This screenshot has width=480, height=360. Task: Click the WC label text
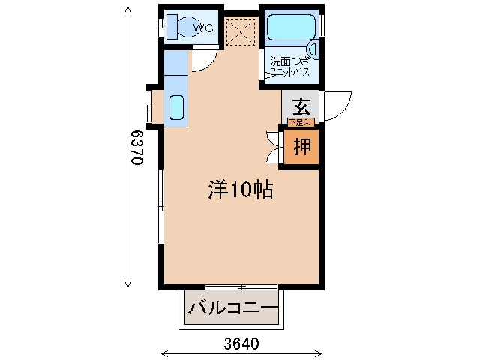point(204,28)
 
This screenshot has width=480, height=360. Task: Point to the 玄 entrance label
point(301,106)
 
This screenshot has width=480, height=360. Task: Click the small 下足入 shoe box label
point(299,121)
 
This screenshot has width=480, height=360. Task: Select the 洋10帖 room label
point(240,190)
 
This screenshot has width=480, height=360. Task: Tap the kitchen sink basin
point(176,108)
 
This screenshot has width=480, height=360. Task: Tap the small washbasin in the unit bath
point(313,50)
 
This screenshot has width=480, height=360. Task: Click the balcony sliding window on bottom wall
point(241,286)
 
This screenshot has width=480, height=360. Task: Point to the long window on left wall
point(160,206)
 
